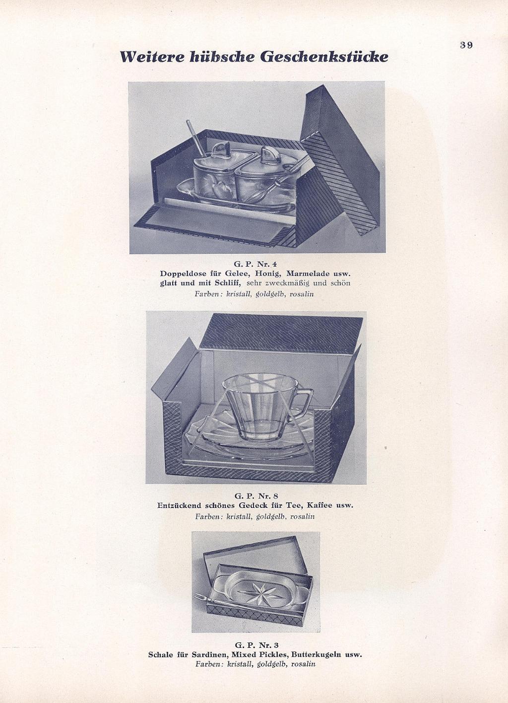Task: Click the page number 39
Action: pos(466,45)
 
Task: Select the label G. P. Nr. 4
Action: pos(255,264)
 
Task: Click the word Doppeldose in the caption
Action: pos(180,274)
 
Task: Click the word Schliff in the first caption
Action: pos(227,283)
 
